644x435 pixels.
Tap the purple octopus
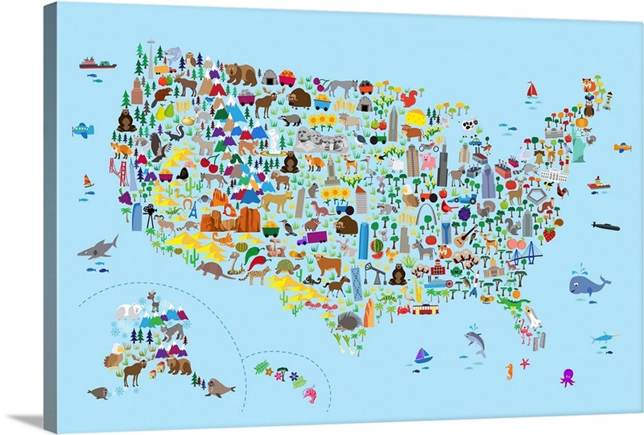pyautogui.click(x=568, y=376)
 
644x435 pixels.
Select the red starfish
pyautogui.click(x=525, y=363)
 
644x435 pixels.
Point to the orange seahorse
pyautogui.click(x=509, y=371)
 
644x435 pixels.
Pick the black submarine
pyautogui.click(x=605, y=226)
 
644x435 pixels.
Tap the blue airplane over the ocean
pyautogui.click(x=82, y=130)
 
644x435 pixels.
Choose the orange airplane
pyautogui.click(x=621, y=147)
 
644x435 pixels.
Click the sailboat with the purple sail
pyautogui.click(x=423, y=355)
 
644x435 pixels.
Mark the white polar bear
pyautogui.click(x=128, y=310)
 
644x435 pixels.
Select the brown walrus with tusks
pyautogui.click(x=216, y=387)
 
